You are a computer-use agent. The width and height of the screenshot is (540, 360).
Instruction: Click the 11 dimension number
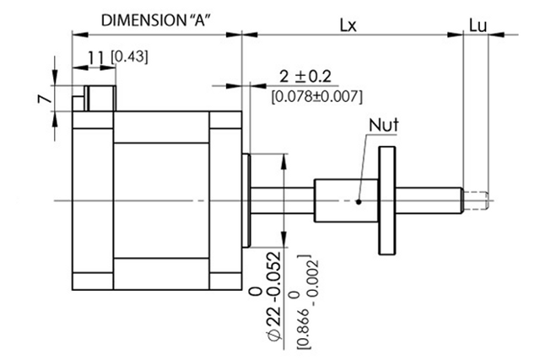(x=96, y=56)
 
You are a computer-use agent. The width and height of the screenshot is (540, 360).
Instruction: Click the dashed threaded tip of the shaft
(x=478, y=200)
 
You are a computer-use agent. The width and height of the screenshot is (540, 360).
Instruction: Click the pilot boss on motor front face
(x=246, y=200)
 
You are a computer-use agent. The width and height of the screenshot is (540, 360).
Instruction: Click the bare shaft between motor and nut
(x=283, y=200)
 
